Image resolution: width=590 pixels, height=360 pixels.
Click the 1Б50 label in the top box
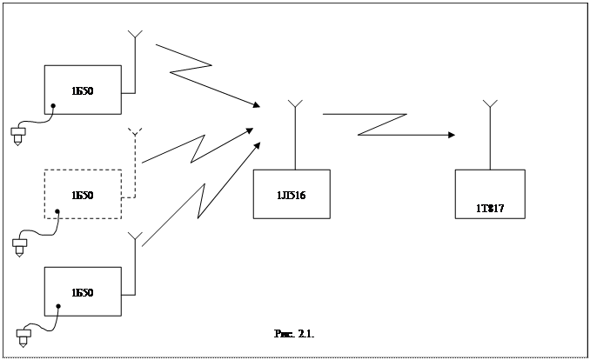(83, 90)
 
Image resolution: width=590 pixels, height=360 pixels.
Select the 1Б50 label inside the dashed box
(83, 195)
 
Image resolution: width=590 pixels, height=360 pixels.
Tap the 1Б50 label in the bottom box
(83, 292)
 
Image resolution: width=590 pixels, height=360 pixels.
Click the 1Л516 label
(292, 195)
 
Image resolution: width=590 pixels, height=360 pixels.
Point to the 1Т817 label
(490, 209)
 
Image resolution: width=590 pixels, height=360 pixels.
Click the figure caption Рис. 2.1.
(293, 333)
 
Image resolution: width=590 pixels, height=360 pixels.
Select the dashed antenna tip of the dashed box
(135, 132)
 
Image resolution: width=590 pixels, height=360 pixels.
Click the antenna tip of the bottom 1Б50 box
(135, 237)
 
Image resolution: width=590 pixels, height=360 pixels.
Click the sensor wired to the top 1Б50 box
(17, 134)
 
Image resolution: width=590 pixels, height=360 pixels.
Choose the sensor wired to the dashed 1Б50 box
(20, 246)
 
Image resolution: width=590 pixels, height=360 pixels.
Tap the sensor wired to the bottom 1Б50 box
(24, 335)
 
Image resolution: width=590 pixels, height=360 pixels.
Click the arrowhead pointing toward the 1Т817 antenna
(451, 135)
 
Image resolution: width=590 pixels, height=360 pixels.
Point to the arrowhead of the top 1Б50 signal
(256, 105)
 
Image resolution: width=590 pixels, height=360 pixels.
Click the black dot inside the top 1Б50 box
(53, 106)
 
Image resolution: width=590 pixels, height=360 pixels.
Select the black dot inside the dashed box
(58, 210)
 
